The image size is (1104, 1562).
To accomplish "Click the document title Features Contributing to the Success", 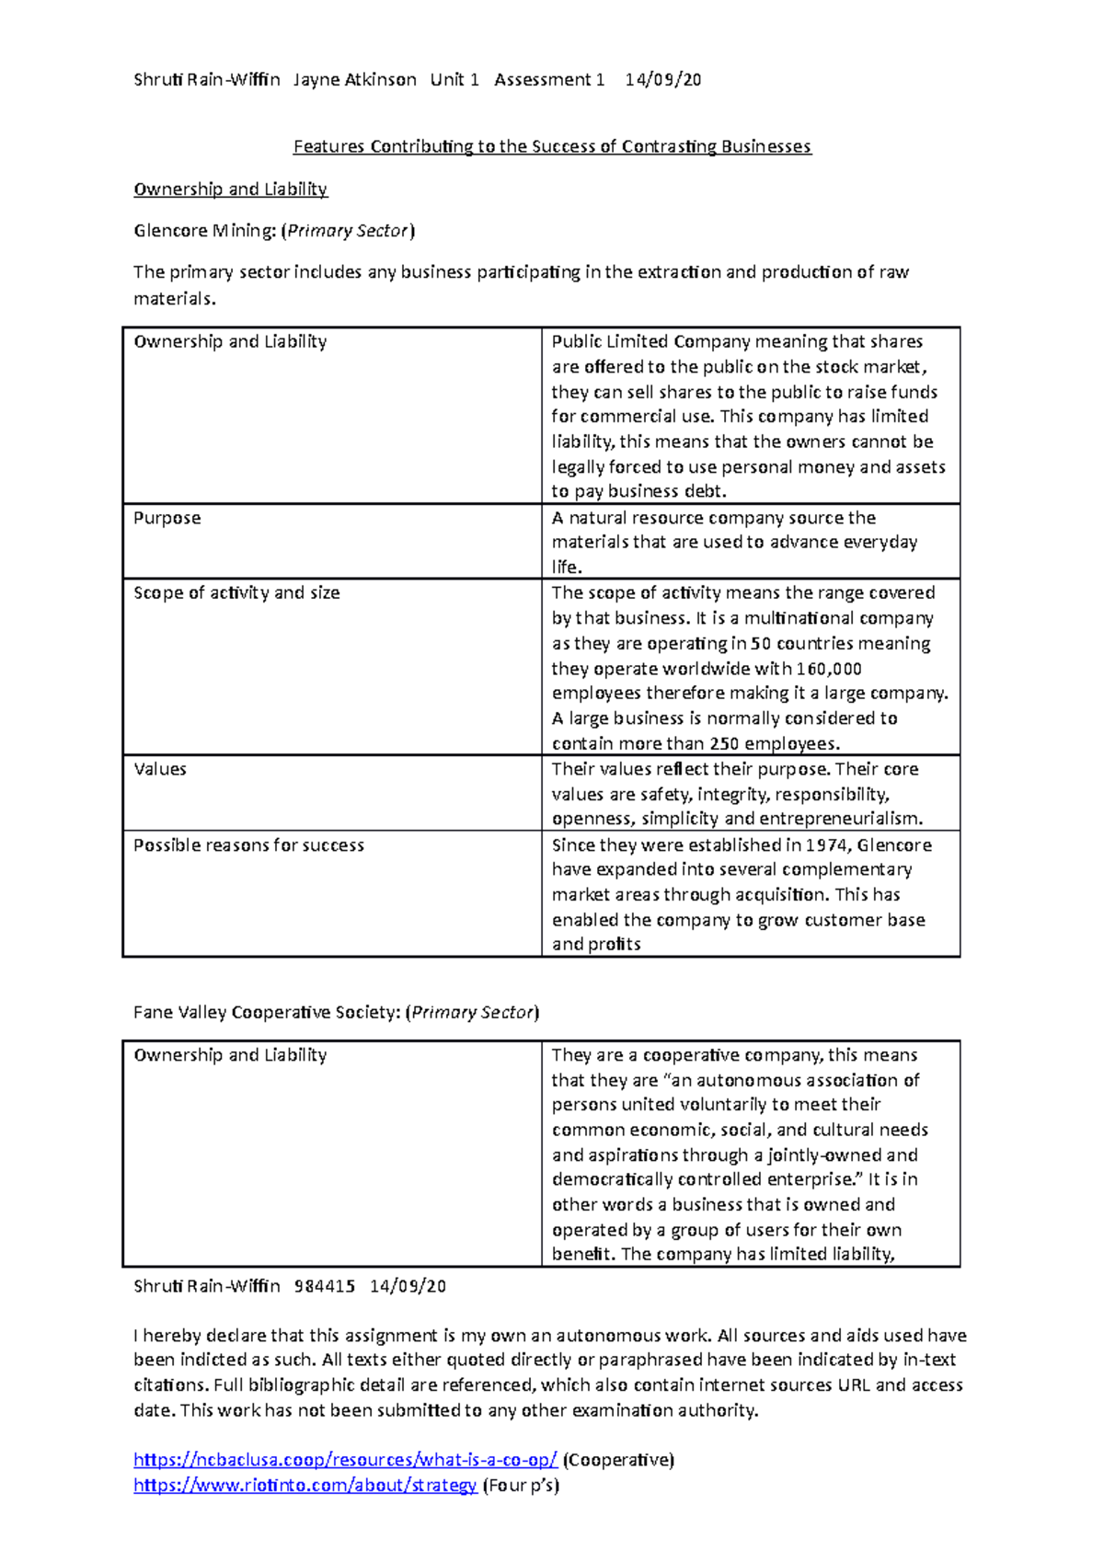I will (552, 146).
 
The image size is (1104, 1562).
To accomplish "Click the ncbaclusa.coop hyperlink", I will (345, 1460).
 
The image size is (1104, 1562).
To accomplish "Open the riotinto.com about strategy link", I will (305, 1485).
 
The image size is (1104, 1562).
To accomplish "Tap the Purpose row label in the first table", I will (167, 518).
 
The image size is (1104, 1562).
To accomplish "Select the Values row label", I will (160, 769).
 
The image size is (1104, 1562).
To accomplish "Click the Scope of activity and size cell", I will (236, 593).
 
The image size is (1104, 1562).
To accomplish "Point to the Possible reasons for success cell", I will (248, 844).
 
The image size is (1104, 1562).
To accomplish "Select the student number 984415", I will (324, 1286).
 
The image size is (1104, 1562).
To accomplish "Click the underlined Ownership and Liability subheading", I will (230, 190).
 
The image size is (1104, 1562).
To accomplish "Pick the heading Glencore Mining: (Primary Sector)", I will (274, 231).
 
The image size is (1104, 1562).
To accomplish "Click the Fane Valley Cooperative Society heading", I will (336, 1012).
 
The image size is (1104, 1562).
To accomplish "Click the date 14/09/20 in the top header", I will (662, 80).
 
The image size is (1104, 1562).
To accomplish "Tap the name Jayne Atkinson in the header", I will (354, 80).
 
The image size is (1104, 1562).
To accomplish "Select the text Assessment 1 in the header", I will (548, 80).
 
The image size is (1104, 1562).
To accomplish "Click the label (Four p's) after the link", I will (521, 1485).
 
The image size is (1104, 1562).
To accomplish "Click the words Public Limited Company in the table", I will (650, 341).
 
